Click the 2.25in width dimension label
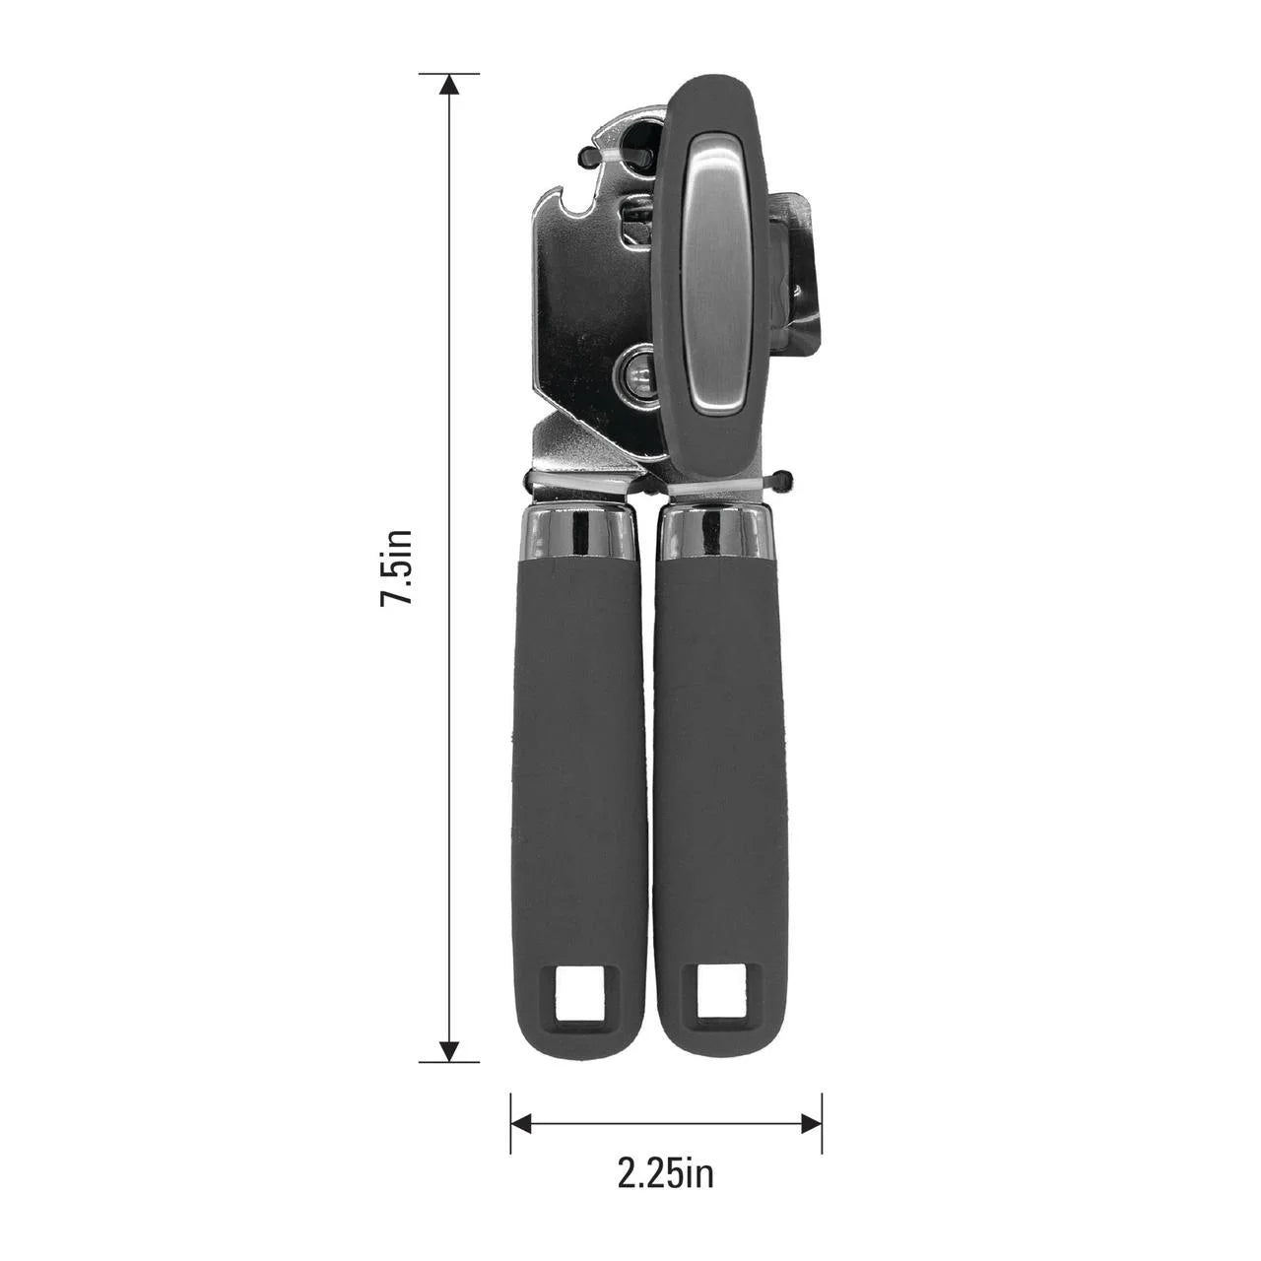[x=666, y=1173]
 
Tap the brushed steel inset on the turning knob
[x=717, y=271]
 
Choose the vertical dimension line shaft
[x=449, y=394]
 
